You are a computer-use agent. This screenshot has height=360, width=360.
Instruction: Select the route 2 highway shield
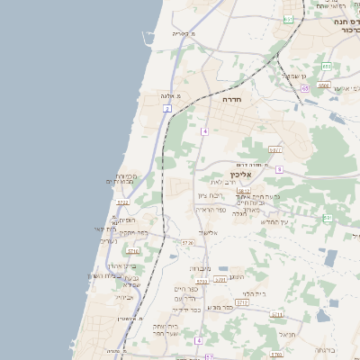tap(167, 108)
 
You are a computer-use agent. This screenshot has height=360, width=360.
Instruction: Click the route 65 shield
tap(306, 88)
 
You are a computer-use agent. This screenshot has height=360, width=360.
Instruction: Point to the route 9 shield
tap(280, 169)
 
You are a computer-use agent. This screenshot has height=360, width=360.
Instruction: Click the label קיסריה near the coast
tap(183, 33)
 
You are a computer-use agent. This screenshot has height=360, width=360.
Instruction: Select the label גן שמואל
tap(297, 76)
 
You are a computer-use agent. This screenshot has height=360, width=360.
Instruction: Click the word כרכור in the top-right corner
tap(346, 30)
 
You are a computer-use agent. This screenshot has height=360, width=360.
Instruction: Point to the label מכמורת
tap(126, 175)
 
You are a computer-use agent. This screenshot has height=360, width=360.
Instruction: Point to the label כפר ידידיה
tap(193, 307)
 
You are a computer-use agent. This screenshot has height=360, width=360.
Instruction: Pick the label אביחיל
tap(125, 296)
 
